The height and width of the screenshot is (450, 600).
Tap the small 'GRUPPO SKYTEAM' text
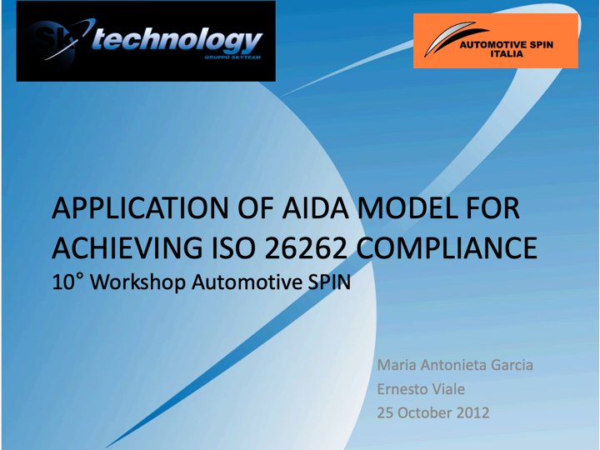coord(232,57)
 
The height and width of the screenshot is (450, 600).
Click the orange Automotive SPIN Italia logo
coord(496,41)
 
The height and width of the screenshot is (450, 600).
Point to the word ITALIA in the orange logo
coord(507,54)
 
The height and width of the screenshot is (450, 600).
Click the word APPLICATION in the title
coord(141,209)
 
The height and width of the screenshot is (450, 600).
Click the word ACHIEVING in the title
coord(127,248)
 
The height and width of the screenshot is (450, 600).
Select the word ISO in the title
coord(232,248)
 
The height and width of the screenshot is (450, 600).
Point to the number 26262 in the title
coord(305,248)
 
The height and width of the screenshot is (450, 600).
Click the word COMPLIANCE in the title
coord(447,248)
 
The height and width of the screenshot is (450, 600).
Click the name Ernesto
coord(402,389)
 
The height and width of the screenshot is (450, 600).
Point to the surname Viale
coord(448,389)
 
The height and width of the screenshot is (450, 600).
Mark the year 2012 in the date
coord(473,412)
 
